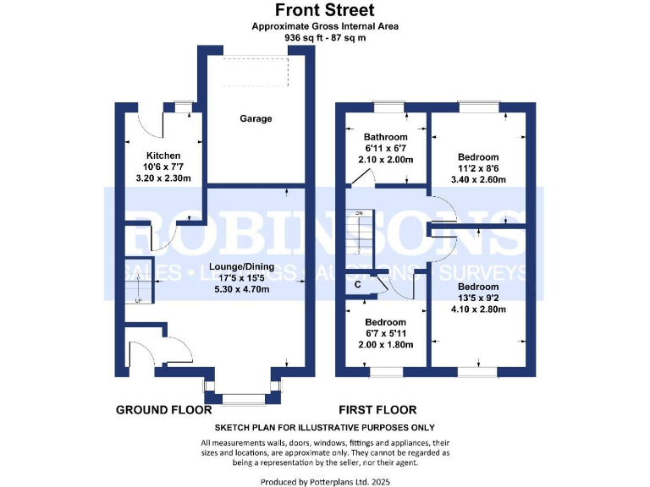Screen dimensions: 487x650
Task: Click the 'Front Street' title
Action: point(325,10)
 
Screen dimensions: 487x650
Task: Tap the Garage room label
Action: point(255,119)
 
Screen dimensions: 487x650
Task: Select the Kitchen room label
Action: point(163,156)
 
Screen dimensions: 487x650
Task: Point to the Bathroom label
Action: point(385,137)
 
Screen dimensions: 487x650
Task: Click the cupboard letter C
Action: point(358,285)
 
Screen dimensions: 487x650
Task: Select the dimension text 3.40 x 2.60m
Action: point(478,179)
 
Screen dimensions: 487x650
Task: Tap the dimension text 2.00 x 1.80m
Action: point(385,345)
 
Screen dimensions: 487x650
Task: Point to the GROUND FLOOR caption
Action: point(163,410)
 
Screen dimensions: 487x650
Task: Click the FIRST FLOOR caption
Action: point(375,410)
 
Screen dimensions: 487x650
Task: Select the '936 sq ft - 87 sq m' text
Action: point(325,38)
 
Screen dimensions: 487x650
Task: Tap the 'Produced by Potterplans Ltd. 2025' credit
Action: point(325,480)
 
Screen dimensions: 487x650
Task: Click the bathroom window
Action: point(388,107)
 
